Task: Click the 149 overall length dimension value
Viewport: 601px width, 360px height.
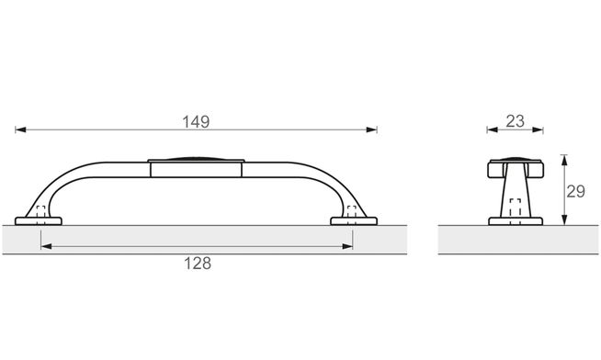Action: [196, 122]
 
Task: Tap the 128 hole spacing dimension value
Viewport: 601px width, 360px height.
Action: [198, 264]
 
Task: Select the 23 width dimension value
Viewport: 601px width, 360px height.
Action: [515, 121]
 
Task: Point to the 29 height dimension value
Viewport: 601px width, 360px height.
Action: [575, 191]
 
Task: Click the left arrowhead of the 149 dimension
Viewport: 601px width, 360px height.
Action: [20, 129]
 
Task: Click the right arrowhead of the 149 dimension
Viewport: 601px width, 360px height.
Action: [372, 129]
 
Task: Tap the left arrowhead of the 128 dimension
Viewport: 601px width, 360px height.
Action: [46, 247]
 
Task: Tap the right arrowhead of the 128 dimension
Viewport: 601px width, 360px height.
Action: [347, 247]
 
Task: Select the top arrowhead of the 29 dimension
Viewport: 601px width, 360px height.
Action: [564, 160]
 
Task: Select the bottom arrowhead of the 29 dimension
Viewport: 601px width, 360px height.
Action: [564, 219]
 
